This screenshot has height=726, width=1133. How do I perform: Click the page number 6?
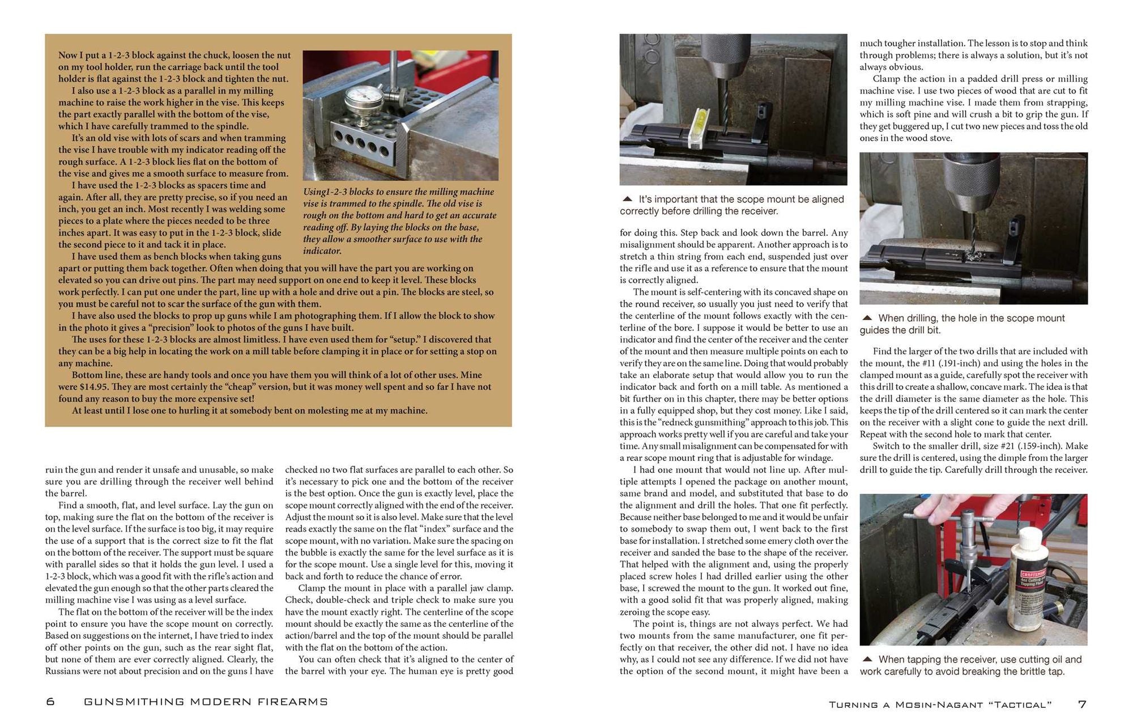point(50,702)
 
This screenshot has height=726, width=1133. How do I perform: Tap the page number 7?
point(1082,704)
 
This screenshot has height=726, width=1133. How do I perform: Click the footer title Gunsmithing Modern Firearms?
point(206,702)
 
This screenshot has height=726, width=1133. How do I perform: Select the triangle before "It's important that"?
point(627,199)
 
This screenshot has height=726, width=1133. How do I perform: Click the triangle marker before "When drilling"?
point(867,318)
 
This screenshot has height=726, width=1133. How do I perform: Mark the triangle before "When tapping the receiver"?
point(867,659)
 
